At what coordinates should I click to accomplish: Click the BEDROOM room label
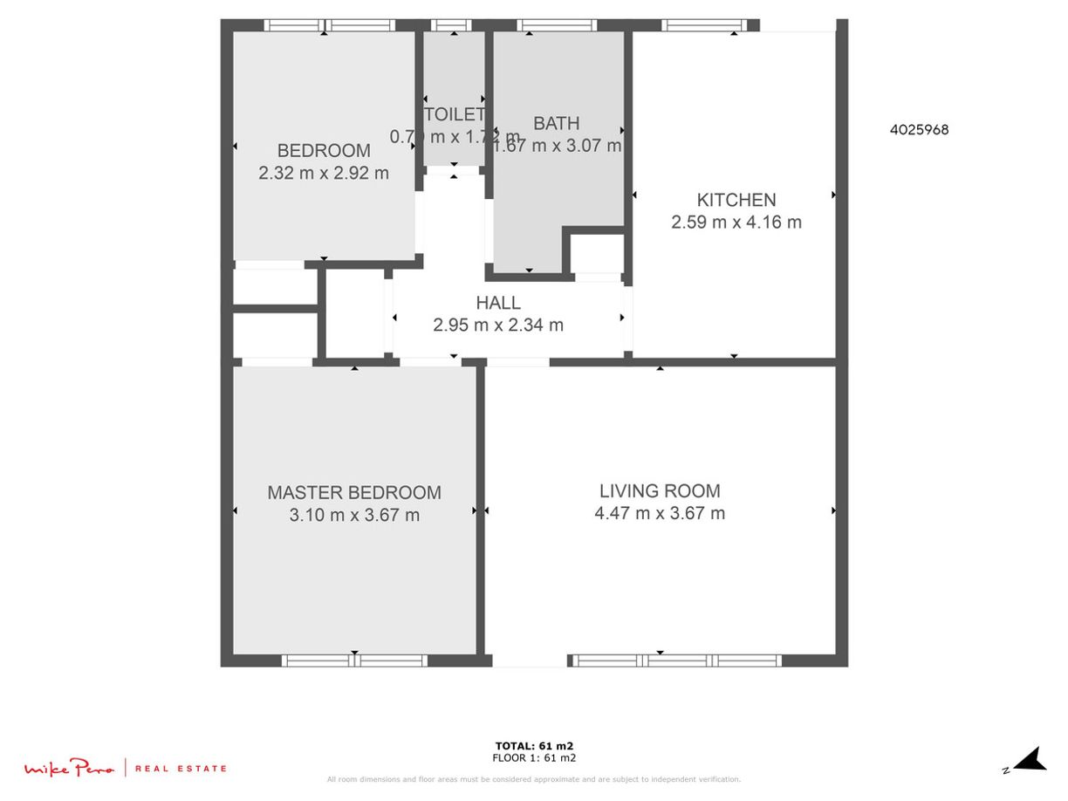pos(324,150)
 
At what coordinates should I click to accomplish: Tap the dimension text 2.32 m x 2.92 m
pos(324,173)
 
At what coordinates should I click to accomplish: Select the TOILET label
pos(454,114)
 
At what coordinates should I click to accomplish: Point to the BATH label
pos(557,124)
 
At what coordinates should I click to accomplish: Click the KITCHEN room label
pos(736,200)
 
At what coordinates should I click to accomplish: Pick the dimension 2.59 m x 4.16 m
pos(736,222)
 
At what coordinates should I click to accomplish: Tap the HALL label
pos(498,303)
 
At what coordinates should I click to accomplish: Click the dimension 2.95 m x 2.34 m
pos(498,325)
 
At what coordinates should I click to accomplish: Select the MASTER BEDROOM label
pos(354,492)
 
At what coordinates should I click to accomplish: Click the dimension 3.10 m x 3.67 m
pos(354,515)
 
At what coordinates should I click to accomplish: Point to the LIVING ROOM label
pos(660,490)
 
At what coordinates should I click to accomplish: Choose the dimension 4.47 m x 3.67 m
pos(660,513)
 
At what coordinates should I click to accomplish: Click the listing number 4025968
pos(919,130)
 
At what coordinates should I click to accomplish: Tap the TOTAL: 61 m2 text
pos(534,746)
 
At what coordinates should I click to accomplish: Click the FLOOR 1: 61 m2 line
pos(534,757)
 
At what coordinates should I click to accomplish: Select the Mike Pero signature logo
pos(69,768)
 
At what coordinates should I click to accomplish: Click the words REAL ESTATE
pos(181,769)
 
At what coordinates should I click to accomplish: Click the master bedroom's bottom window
pos(355,661)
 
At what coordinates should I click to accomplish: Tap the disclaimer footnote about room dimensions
pos(534,779)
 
